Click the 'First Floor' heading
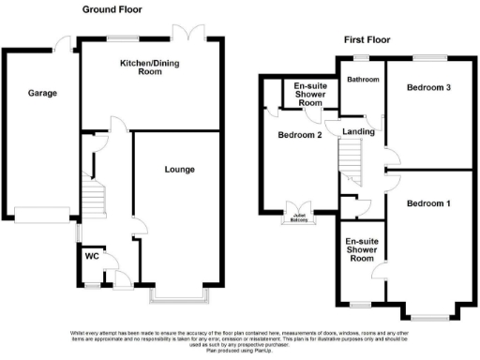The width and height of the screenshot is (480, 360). coord(367,39)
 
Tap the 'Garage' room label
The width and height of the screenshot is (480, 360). coord(41,94)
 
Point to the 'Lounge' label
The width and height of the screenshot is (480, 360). coord(179,170)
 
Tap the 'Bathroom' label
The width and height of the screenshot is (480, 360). coord(362,80)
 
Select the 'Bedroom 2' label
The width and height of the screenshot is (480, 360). coord(300,135)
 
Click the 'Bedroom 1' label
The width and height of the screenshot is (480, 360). coord(428,203)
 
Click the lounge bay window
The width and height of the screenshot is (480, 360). coord(182,297)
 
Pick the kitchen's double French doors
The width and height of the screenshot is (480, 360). coord(192,34)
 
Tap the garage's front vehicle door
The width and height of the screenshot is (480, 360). coord(43,216)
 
